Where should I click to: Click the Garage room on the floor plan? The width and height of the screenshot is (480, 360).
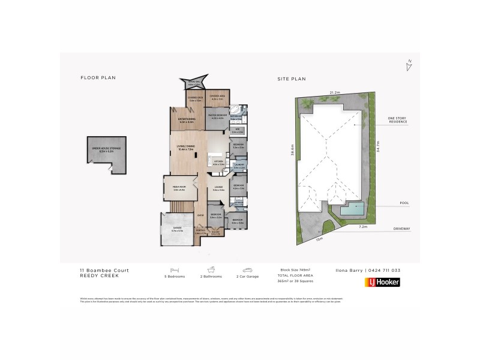pos(177,229)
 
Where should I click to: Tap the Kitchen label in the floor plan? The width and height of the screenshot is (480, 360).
pos(218,162)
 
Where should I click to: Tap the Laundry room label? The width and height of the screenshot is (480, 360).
pos(238,167)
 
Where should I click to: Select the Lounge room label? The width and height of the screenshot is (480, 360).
pos(217,189)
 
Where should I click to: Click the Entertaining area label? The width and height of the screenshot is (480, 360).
pos(187,120)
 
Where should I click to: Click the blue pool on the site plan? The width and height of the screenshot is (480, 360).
pos(352,210)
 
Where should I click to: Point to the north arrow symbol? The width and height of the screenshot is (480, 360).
pos(409,65)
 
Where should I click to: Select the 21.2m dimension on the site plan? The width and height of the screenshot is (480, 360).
pos(335,92)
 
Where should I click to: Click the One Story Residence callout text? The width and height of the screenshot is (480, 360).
pos(397,120)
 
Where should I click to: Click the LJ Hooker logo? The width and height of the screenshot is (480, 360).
pos(382,282)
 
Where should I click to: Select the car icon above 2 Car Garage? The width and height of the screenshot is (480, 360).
pos(247,269)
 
